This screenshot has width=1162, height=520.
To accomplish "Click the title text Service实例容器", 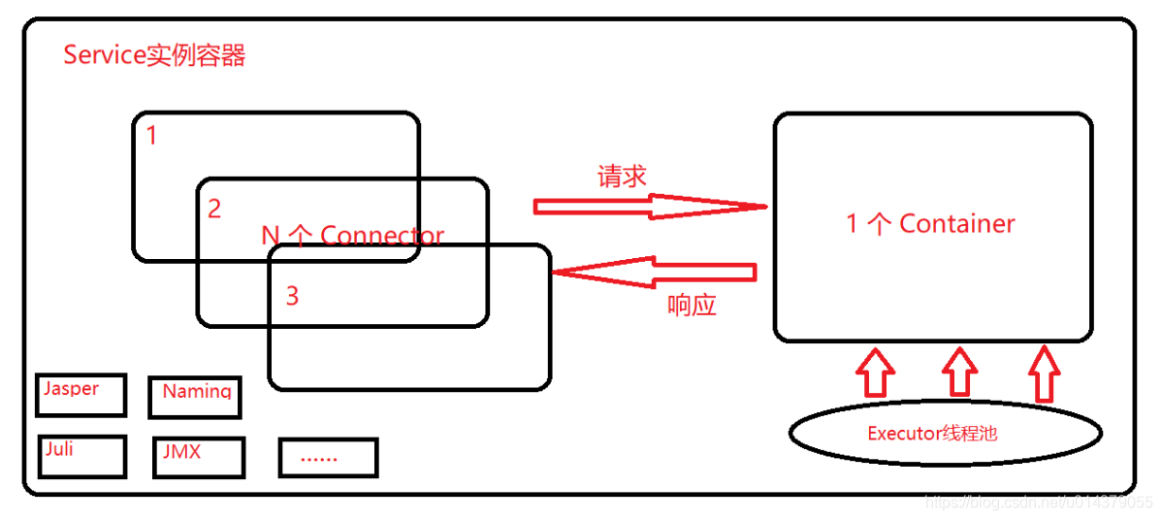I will pyautogui.click(x=154, y=55).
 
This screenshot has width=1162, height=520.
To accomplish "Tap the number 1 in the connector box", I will pyautogui.click(x=151, y=136).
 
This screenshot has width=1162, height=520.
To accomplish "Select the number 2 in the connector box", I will pyautogui.click(x=214, y=209).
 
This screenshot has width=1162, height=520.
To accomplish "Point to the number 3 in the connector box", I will pyautogui.click(x=292, y=296).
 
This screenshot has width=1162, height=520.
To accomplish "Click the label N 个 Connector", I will pyautogui.click(x=353, y=236).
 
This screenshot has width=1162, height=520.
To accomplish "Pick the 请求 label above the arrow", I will pyautogui.click(x=622, y=177).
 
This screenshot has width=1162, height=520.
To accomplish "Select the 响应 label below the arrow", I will pyautogui.click(x=692, y=306).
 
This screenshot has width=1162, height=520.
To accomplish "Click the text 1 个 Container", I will pyautogui.click(x=930, y=224).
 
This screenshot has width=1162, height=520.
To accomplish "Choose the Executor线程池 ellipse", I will pyautogui.click(x=946, y=434).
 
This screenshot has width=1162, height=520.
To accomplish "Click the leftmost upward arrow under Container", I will pyautogui.click(x=875, y=374).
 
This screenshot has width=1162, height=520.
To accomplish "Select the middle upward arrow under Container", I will pyautogui.click(x=959, y=373).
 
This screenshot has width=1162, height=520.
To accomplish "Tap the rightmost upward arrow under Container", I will pyautogui.click(x=1044, y=374).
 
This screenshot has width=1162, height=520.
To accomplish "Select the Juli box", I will pyautogui.click(x=82, y=456).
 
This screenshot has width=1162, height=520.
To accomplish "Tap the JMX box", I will pyautogui.click(x=198, y=457).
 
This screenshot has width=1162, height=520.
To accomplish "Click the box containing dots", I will pyautogui.click(x=328, y=457).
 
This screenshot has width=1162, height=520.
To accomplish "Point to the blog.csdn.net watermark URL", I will pyautogui.click(x=1038, y=502).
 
